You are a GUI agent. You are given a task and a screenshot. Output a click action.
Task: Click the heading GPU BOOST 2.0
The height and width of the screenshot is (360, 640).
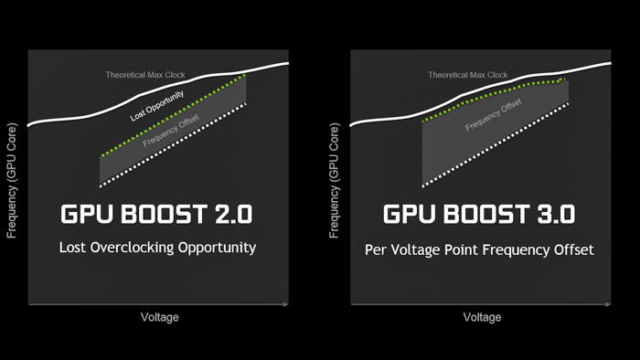click(156, 216)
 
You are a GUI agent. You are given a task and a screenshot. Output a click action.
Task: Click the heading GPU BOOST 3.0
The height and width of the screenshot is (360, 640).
click(479, 216)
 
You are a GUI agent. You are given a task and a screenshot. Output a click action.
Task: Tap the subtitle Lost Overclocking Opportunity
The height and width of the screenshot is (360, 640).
click(157, 248)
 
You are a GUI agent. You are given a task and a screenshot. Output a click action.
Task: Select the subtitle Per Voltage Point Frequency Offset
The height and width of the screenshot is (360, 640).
click(480, 249)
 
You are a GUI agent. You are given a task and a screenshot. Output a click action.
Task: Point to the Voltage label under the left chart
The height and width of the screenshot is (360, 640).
click(159, 317)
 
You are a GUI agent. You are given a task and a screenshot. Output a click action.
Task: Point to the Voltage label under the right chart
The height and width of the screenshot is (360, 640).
click(482, 317)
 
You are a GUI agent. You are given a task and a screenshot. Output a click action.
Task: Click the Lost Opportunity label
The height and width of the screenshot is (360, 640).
click(157, 105)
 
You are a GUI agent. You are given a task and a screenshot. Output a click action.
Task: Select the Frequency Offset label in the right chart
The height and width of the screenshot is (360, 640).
click(494, 115)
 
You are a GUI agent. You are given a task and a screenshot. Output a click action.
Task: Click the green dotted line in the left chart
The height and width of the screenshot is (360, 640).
click(174, 117)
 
